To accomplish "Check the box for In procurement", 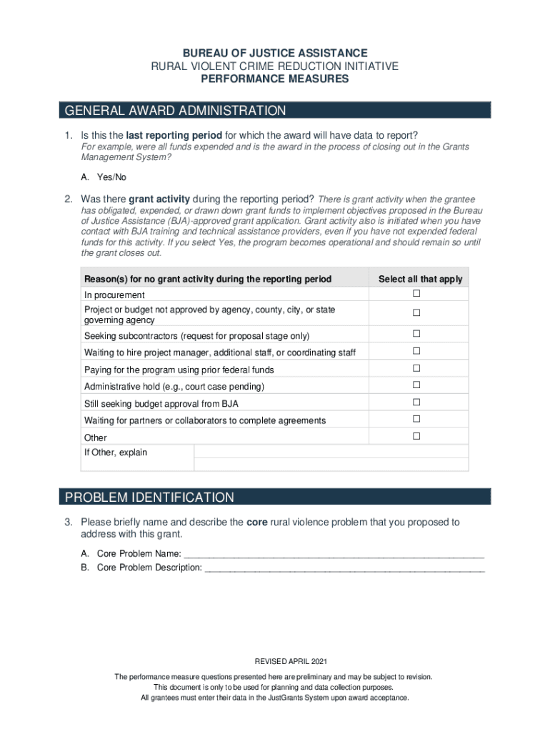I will (416, 295).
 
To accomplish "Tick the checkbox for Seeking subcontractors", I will (416, 334).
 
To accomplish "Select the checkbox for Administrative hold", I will (416, 385).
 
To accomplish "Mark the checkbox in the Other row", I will (416, 436).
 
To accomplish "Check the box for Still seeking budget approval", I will (416, 402).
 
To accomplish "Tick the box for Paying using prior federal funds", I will (416, 368).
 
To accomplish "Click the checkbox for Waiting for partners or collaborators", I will (416, 419).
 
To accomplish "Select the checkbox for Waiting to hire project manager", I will (416, 351).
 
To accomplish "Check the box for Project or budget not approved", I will (416, 313).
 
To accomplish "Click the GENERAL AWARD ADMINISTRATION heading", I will (175, 111).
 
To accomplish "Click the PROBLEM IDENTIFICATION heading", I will (149, 498).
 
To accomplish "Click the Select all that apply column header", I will (420, 279).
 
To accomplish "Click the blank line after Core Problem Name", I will (334, 554).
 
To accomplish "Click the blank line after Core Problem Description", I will (344, 568).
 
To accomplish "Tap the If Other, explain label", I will (116, 452).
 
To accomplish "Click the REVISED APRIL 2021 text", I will (275, 661).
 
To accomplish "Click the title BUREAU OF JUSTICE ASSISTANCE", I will (275, 54).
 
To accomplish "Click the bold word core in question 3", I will (256, 523).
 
